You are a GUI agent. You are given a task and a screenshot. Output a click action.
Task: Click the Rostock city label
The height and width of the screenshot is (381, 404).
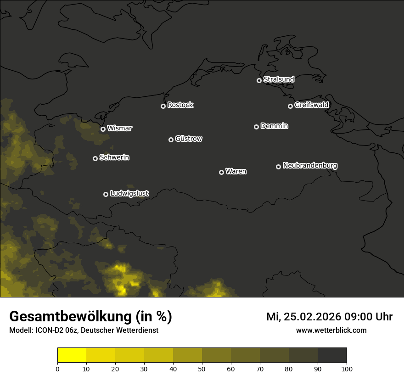tap(180, 105)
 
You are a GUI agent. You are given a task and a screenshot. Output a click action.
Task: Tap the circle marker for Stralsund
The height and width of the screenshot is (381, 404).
tap(259, 80)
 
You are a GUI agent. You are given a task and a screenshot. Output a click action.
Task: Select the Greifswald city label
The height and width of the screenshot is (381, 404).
tap(312, 105)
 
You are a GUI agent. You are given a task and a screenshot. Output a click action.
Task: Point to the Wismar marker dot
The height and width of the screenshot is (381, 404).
tap(103, 129)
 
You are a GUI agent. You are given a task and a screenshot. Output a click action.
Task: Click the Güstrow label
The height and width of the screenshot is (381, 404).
tap(189, 139)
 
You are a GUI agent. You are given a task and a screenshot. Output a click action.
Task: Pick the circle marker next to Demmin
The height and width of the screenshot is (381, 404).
tap(256, 127)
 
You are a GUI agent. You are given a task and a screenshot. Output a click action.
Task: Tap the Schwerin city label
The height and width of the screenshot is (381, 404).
tap(114, 157)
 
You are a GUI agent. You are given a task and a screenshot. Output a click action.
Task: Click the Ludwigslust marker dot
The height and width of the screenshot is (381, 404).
tap(106, 194)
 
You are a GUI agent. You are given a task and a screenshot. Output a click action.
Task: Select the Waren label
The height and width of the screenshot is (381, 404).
tap(236, 172)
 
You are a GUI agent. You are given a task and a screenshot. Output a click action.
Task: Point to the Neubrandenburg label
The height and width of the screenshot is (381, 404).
tap(310, 166)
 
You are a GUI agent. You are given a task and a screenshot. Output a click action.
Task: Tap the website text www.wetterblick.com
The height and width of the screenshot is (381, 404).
tap(331, 331)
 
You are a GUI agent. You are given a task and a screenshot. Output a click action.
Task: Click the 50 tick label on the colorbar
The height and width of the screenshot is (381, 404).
tap(202, 369)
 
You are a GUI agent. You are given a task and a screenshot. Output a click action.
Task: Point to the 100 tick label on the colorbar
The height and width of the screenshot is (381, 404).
tap(347, 369)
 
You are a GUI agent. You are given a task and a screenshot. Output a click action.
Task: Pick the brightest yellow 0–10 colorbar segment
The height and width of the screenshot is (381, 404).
tap(72, 355)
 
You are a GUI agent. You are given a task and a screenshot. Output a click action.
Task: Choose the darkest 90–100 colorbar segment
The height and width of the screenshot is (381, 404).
tap(332, 355)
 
